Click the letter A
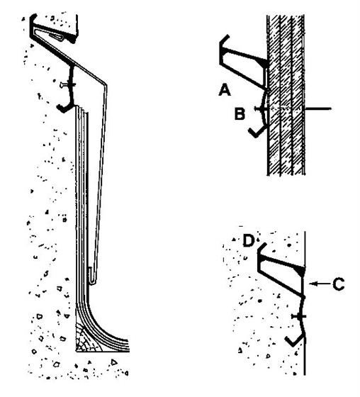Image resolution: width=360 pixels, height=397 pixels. coord(225,90)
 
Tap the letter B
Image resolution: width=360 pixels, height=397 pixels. coord(240,113)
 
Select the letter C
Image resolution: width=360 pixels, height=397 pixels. coord(338,284)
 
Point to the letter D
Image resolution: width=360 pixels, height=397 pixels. coord(248,240)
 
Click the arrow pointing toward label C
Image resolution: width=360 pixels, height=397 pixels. coord(320,284)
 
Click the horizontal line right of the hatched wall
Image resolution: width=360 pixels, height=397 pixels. coord(318,109)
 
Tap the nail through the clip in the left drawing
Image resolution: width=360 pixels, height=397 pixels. coord(67,85)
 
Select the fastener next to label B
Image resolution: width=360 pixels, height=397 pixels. coord(261,109)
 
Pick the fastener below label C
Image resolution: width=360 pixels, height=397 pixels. coord(299,316)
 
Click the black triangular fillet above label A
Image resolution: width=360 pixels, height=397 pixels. coord(262,63)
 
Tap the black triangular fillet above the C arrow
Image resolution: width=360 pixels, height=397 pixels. coord(300,271)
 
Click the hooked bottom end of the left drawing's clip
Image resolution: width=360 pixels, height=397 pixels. coord(64,108)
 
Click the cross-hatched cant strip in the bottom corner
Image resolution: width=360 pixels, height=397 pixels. coord(87,340)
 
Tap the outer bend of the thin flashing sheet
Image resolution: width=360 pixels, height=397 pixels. coord(106,85)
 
